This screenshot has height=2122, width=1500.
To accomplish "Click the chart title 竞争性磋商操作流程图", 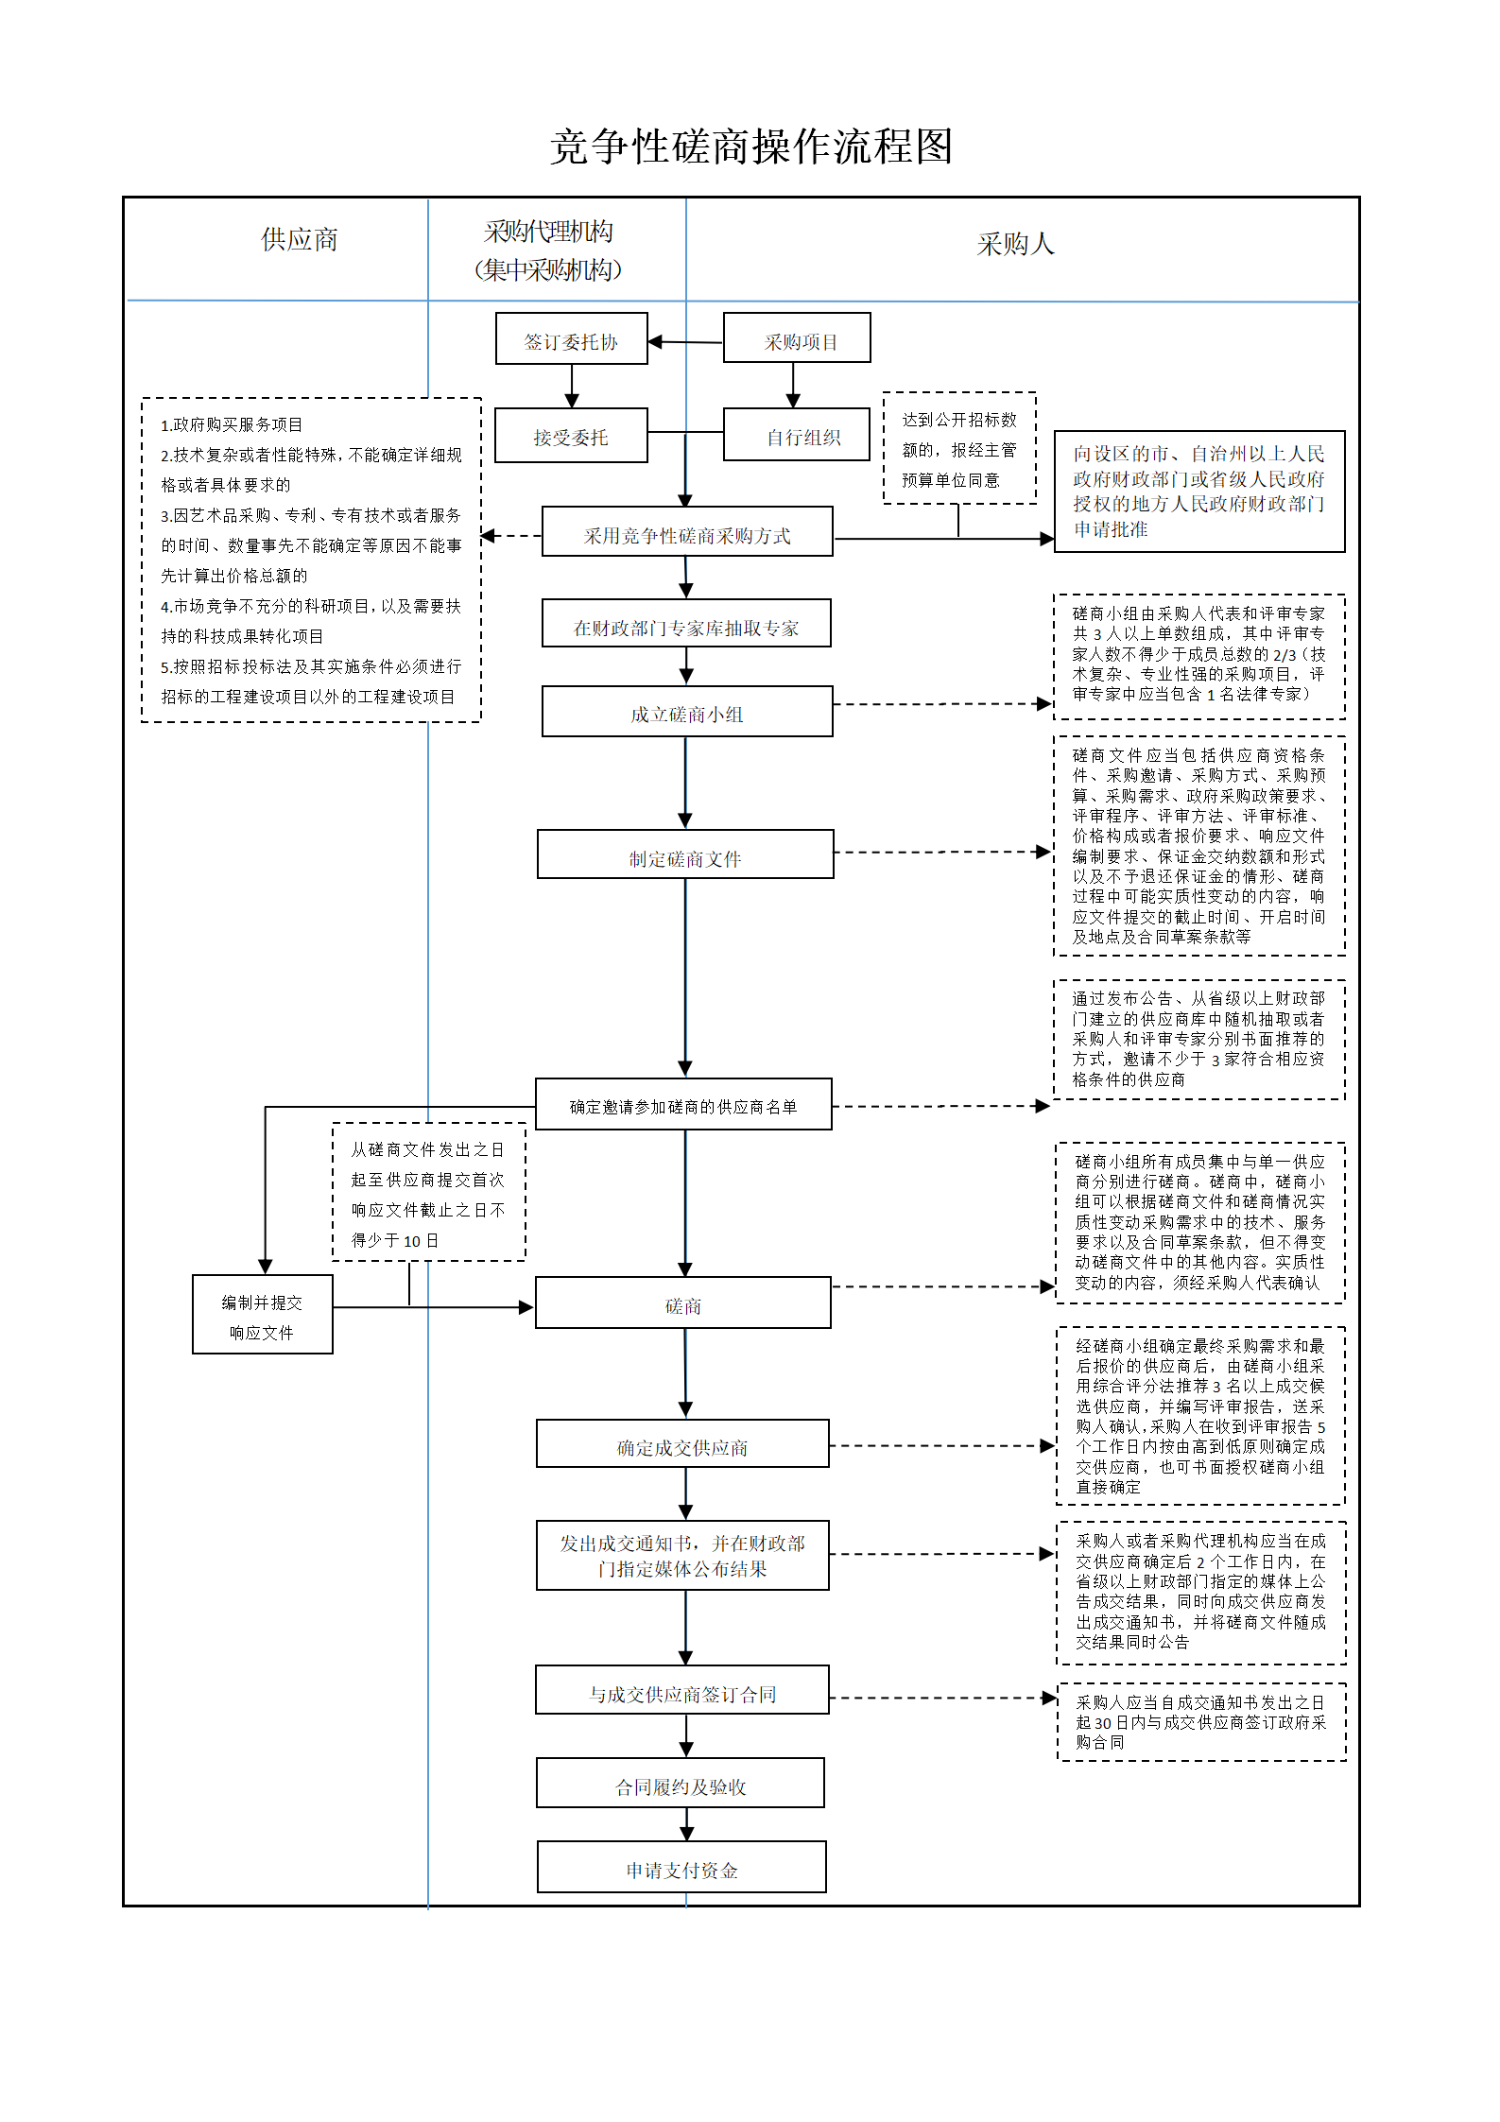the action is [x=751, y=147].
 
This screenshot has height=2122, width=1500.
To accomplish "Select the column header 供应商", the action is [x=300, y=240].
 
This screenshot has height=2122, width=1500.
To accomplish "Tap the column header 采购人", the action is [x=1016, y=245].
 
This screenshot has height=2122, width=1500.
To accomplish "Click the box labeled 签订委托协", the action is [x=572, y=338].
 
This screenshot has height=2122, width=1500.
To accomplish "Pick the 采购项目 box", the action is [x=797, y=337].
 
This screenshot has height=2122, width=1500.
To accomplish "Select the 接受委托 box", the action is [x=571, y=436].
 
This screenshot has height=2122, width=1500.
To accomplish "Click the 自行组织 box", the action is [x=797, y=435].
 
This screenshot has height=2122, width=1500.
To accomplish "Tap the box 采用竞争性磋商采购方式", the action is [x=687, y=531].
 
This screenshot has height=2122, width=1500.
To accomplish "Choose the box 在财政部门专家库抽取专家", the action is [x=687, y=623].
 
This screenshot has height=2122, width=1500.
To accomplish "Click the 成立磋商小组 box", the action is [x=687, y=712].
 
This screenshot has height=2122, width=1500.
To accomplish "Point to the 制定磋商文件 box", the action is [x=685, y=854].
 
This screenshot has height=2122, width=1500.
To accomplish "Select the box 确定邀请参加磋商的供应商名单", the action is [x=683, y=1104].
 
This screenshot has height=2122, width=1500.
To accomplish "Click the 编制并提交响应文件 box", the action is [x=263, y=1315].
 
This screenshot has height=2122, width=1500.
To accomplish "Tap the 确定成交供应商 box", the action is [x=682, y=1443].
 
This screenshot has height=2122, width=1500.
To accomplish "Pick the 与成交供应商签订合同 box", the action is [x=682, y=1690].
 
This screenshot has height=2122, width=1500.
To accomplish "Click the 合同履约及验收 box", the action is [x=681, y=1783].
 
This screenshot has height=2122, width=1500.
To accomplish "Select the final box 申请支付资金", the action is [x=681, y=1867].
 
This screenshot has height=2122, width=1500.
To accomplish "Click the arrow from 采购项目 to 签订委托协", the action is [x=685, y=342].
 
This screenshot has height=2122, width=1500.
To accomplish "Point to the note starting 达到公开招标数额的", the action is [x=959, y=448].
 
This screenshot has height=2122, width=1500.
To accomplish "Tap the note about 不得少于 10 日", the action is [x=429, y=1192].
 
